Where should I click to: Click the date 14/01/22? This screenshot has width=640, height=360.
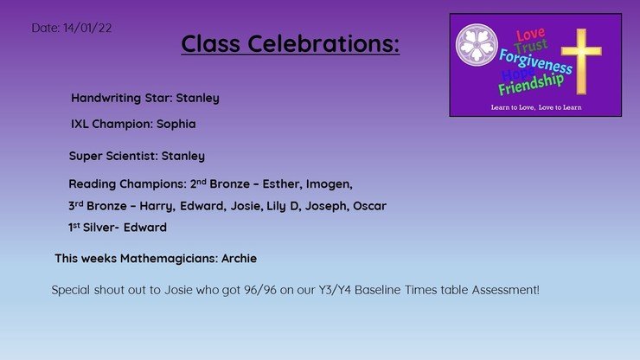click(x=87, y=28)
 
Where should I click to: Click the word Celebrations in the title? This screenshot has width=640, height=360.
click(x=323, y=43)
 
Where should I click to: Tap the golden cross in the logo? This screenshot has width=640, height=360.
click(x=581, y=61)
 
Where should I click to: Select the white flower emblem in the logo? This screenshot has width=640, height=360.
click(x=477, y=45)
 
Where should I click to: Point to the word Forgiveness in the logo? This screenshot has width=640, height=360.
click(x=535, y=61)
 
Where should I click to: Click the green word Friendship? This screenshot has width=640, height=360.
click(x=531, y=85)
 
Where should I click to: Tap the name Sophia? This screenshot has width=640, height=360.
click(x=176, y=124)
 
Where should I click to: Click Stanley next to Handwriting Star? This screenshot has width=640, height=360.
click(x=197, y=98)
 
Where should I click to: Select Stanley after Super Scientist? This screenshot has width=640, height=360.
click(x=182, y=156)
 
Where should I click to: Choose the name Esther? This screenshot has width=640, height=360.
click(x=283, y=183)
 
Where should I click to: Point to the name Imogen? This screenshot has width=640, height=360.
click(x=329, y=184)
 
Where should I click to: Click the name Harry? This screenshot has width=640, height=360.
click(x=157, y=206)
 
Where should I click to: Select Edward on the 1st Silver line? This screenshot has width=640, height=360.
click(x=145, y=228)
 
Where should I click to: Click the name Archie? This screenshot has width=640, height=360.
click(x=239, y=258)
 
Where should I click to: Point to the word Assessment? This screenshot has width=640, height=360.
click(x=506, y=290)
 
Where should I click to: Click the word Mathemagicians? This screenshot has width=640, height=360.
click(x=169, y=259)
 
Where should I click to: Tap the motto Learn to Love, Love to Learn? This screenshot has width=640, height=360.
click(x=536, y=107)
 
